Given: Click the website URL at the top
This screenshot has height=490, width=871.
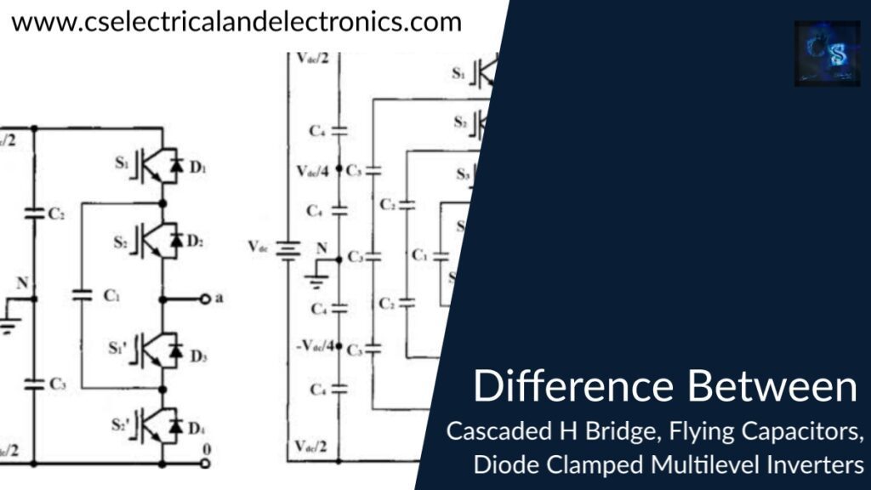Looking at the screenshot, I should pyautogui.click(x=236, y=21).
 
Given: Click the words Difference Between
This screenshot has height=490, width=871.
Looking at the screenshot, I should pyautogui.click(x=664, y=387).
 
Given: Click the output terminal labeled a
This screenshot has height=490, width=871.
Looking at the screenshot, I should pyautogui.click(x=205, y=299).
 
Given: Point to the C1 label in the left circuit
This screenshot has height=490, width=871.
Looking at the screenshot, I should pyautogui.click(x=111, y=296).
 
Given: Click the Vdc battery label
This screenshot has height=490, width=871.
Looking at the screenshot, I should pyautogui.click(x=260, y=247).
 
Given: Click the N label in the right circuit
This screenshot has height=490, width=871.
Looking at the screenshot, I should pyautogui.click(x=322, y=248).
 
